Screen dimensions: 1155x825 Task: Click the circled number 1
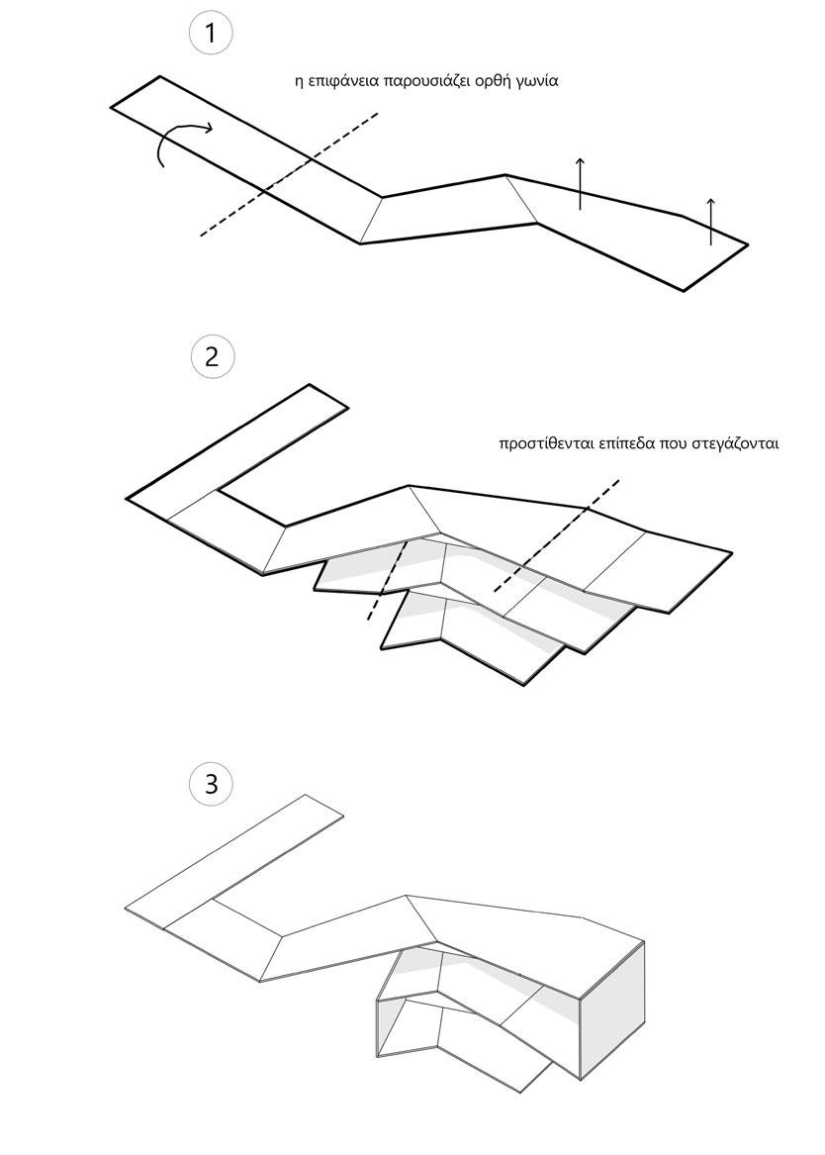pyautogui.click(x=210, y=33)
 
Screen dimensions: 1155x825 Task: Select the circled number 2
pyautogui.click(x=212, y=356)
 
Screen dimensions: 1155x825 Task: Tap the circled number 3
pyautogui.click(x=212, y=785)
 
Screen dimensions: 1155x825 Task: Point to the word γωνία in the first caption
pyautogui.click(x=534, y=82)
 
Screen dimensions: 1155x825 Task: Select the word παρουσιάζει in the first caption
pyautogui.click(x=420, y=82)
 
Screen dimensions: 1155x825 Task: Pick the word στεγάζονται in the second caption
pyautogui.click(x=733, y=444)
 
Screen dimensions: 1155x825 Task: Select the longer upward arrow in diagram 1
pyautogui.click(x=581, y=183)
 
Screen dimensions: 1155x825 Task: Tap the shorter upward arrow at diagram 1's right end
pyautogui.click(x=710, y=221)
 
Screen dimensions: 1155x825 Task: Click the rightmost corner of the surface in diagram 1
pyautogui.click(x=747, y=243)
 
